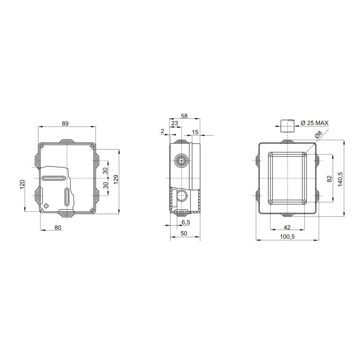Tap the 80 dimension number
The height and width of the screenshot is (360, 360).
[x=58, y=228]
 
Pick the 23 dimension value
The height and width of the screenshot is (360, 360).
[x=175, y=123]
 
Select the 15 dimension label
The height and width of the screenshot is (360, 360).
[x=195, y=131]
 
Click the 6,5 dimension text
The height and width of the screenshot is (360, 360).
[x=186, y=222]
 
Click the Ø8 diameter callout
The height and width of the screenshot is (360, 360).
[x=318, y=135]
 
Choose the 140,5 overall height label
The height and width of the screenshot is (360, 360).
[x=341, y=178]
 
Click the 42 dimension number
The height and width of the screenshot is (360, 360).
[x=287, y=228]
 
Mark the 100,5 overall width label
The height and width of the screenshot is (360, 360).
[x=287, y=237]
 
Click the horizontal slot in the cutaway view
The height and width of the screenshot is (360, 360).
[x=54, y=179]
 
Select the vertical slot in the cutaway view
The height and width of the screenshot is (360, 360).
[x=67, y=198]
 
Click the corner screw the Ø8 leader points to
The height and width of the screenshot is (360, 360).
[x=305, y=155]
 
